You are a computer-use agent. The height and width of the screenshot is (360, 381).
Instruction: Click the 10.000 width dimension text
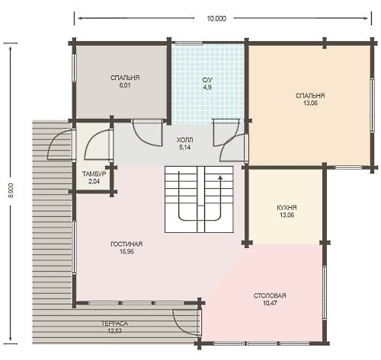216,18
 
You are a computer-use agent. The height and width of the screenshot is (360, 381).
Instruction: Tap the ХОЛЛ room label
184,140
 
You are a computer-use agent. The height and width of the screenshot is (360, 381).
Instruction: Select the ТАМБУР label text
94,174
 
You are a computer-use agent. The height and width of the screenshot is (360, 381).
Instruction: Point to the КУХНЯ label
287,208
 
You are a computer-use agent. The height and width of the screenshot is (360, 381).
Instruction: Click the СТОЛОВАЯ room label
270,295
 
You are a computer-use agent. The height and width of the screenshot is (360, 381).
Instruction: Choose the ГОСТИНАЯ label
126,244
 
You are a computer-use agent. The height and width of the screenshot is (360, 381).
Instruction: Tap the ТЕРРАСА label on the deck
114,323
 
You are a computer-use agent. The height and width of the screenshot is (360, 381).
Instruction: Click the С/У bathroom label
207,80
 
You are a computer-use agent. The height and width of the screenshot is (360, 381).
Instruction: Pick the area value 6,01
125,85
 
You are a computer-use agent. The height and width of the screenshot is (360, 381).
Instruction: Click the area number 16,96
126,251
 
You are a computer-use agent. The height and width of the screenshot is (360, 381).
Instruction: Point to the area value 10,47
270,303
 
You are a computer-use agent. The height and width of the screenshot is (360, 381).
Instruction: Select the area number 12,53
114,331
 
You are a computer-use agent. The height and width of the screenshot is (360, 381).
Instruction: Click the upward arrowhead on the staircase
220,177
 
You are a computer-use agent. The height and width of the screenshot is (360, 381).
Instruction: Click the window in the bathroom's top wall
189,43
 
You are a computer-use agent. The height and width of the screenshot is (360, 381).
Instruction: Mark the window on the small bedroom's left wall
74,68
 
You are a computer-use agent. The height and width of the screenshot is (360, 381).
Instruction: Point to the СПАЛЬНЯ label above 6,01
125,78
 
